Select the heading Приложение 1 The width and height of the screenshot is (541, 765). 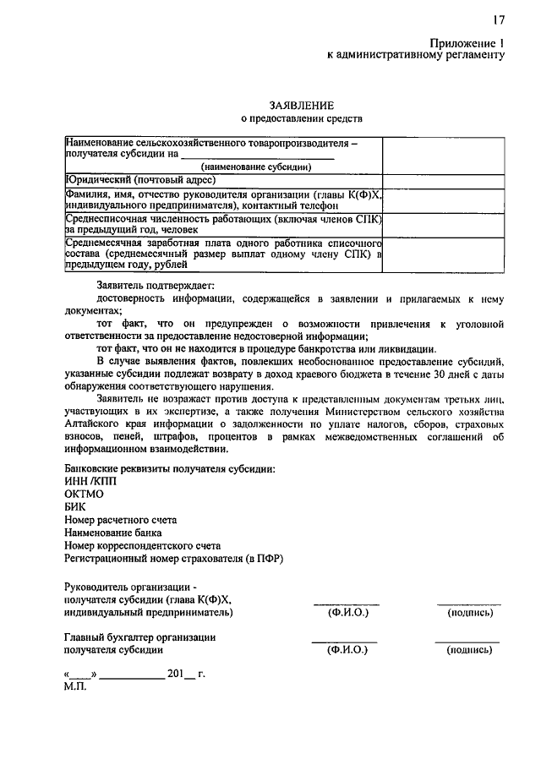coord(465,41)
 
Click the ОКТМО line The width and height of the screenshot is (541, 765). coord(85,494)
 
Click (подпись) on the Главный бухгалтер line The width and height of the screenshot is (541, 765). coord(468,651)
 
